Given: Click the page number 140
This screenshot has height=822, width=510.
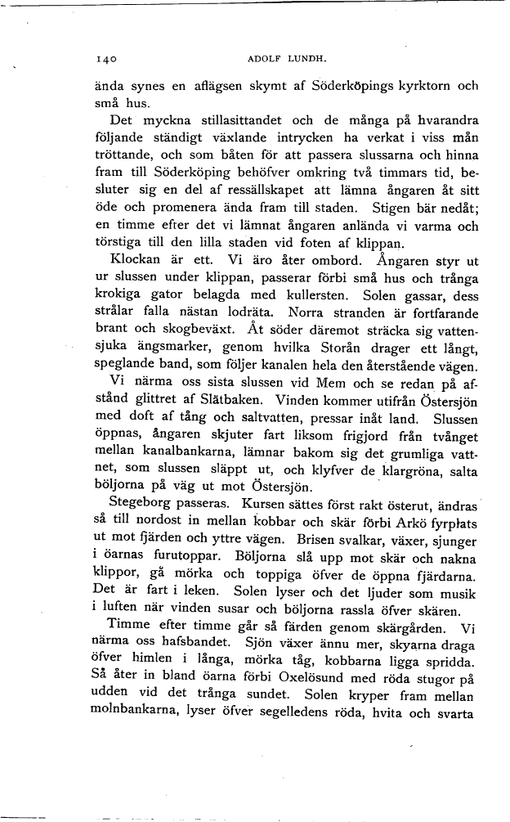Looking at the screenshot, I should (x=108, y=59).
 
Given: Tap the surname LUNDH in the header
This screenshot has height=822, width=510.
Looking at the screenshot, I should (x=306, y=59).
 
